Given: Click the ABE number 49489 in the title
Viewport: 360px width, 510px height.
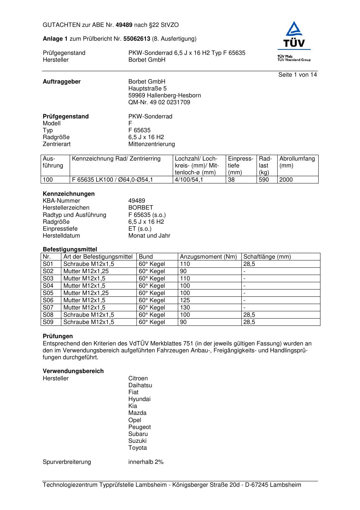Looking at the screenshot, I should pyautogui.click(x=124, y=25).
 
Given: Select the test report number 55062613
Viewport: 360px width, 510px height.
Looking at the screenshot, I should pyautogui.click(x=137, y=39).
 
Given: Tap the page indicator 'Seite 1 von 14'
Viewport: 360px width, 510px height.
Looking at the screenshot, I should pyautogui.click(x=298, y=75).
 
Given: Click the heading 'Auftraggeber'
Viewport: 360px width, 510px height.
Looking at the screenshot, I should pyautogui.click(x=62, y=82).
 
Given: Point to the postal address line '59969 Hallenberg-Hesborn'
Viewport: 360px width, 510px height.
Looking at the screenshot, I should pyautogui.click(x=164, y=96).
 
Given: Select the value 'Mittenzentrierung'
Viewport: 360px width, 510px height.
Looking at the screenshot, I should pyautogui.click(x=151, y=144).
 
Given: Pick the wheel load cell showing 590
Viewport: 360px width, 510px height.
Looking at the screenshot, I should pyautogui.click(x=264, y=180).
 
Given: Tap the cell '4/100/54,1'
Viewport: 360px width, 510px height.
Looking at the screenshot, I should pyautogui.click(x=189, y=180).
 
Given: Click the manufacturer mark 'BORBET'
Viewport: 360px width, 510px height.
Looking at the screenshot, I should pyautogui.click(x=141, y=208).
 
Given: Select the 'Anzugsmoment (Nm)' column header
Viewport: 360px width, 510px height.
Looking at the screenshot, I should pyautogui.click(x=208, y=257).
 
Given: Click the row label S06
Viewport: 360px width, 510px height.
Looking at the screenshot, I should pyautogui.click(x=48, y=300).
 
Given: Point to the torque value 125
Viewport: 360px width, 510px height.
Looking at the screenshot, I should pyautogui.click(x=185, y=300).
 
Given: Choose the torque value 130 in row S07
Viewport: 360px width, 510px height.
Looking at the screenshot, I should pyautogui.click(x=185, y=308).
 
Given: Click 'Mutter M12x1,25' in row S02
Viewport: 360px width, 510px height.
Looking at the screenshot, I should pyautogui.click(x=86, y=271).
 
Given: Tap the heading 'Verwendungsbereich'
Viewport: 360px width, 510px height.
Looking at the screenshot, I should pyautogui.click(x=73, y=371).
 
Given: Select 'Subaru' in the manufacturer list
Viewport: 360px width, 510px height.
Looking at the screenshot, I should pyautogui.click(x=138, y=434).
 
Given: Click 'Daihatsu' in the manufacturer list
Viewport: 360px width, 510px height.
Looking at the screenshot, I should pyautogui.click(x=140, y=385).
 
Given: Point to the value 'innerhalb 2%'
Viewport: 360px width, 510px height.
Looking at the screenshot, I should pyautogui.click(x=146, y=462).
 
